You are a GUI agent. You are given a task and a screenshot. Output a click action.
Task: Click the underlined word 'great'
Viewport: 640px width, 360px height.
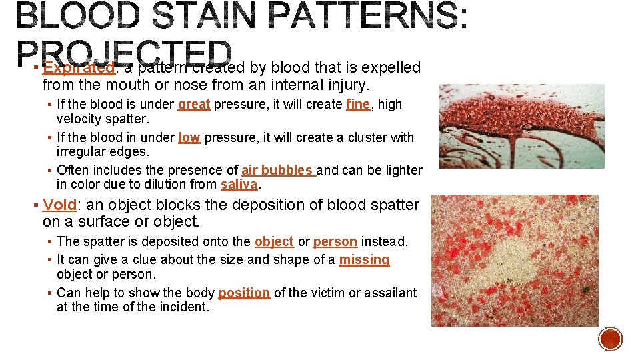[194, 105]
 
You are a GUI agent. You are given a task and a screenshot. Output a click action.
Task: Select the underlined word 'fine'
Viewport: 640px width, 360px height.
[358, 105]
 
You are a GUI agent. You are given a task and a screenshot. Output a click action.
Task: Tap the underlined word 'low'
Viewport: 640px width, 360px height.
[189, 138]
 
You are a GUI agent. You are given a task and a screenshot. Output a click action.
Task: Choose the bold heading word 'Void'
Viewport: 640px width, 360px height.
[59, 205]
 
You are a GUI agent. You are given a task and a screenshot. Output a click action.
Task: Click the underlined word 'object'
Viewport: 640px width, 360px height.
[274, 242]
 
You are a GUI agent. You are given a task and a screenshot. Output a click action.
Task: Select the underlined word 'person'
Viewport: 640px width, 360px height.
[335, 242]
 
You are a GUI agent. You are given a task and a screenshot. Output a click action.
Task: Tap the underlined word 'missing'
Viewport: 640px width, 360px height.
[364, 260]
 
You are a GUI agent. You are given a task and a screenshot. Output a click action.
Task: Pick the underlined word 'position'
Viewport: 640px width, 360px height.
[244, 293]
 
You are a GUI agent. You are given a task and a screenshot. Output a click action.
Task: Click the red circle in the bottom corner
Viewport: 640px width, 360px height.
[610, 338]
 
